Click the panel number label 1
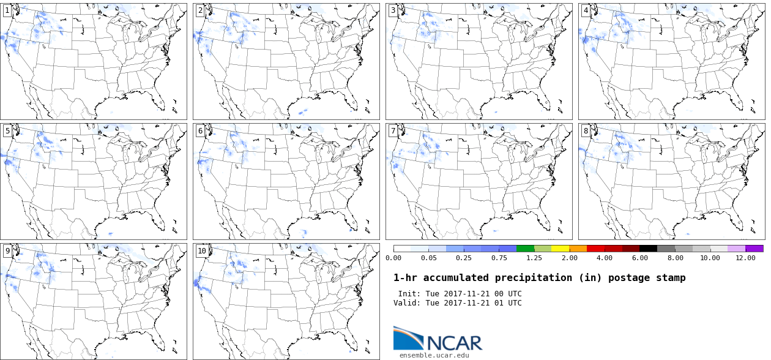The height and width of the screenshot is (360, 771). click(x=7, y=11)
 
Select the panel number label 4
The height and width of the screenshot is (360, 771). click(x=586, y=11)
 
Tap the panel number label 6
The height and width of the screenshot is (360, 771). click(x=200, y=131)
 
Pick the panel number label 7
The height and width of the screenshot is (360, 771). click(x=393, y=131)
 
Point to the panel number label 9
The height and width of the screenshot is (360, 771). click(x=7, y=251)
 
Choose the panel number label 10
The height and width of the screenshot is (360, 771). click(x=201, y=251)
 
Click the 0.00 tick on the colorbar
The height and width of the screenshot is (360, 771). click(x=393, y=258)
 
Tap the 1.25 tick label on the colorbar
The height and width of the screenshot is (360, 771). click(x=534, y=258)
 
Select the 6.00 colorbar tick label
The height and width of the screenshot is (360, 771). click(x=639, y=258)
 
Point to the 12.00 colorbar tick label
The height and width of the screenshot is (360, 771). click(x=745, y=258)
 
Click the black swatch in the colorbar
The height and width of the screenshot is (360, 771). click(x=648, y=249)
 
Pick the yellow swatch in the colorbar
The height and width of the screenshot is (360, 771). click(x=560, y=249)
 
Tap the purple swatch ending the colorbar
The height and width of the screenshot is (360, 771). click(x=754, y=249)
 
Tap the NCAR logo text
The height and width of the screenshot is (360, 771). click(x=453, y=342)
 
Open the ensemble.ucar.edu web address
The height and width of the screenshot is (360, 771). click(x=434, y=355)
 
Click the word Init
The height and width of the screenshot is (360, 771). click(x=409, y=294)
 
